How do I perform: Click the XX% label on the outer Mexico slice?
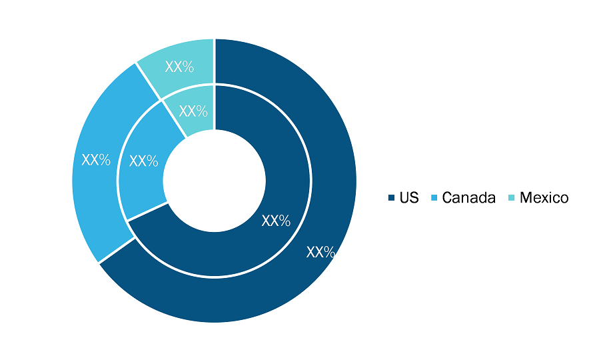point(179,67)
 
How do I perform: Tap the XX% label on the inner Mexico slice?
point(193,111)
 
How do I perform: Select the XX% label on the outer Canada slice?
point(96,160)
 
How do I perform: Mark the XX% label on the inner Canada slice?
point(143,161)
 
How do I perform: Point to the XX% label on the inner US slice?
point(276,221)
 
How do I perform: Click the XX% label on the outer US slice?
point(320,252)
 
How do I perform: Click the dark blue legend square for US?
point(391,197)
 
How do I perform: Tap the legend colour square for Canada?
point(434,197)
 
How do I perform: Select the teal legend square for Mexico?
point(512,197)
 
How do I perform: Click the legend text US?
point(409,197)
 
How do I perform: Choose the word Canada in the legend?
point(469,197)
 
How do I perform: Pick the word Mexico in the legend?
point(544,197)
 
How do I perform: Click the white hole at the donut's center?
point(215,181)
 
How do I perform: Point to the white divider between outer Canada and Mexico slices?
point(148,81)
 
